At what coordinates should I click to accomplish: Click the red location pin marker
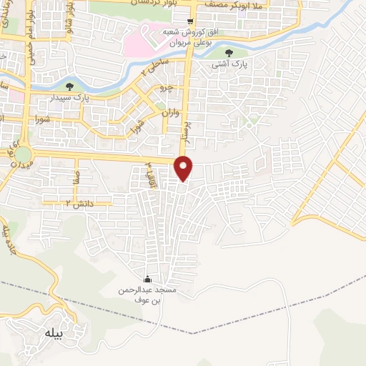(x=184, y=167)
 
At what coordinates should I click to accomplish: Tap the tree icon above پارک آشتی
(x=229, y=53)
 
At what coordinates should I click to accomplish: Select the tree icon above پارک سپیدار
(x=69, y=86)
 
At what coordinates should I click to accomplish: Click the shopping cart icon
(x=189, y=21)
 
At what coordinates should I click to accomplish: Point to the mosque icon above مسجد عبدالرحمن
(x=148, y=279)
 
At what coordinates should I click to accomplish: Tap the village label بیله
(x=54, y=332)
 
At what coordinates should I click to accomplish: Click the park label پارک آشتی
(x=229, y=64)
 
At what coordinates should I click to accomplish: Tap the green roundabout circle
(x=23, y=154)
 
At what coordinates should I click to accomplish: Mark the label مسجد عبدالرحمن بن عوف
(x=148, y=295)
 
